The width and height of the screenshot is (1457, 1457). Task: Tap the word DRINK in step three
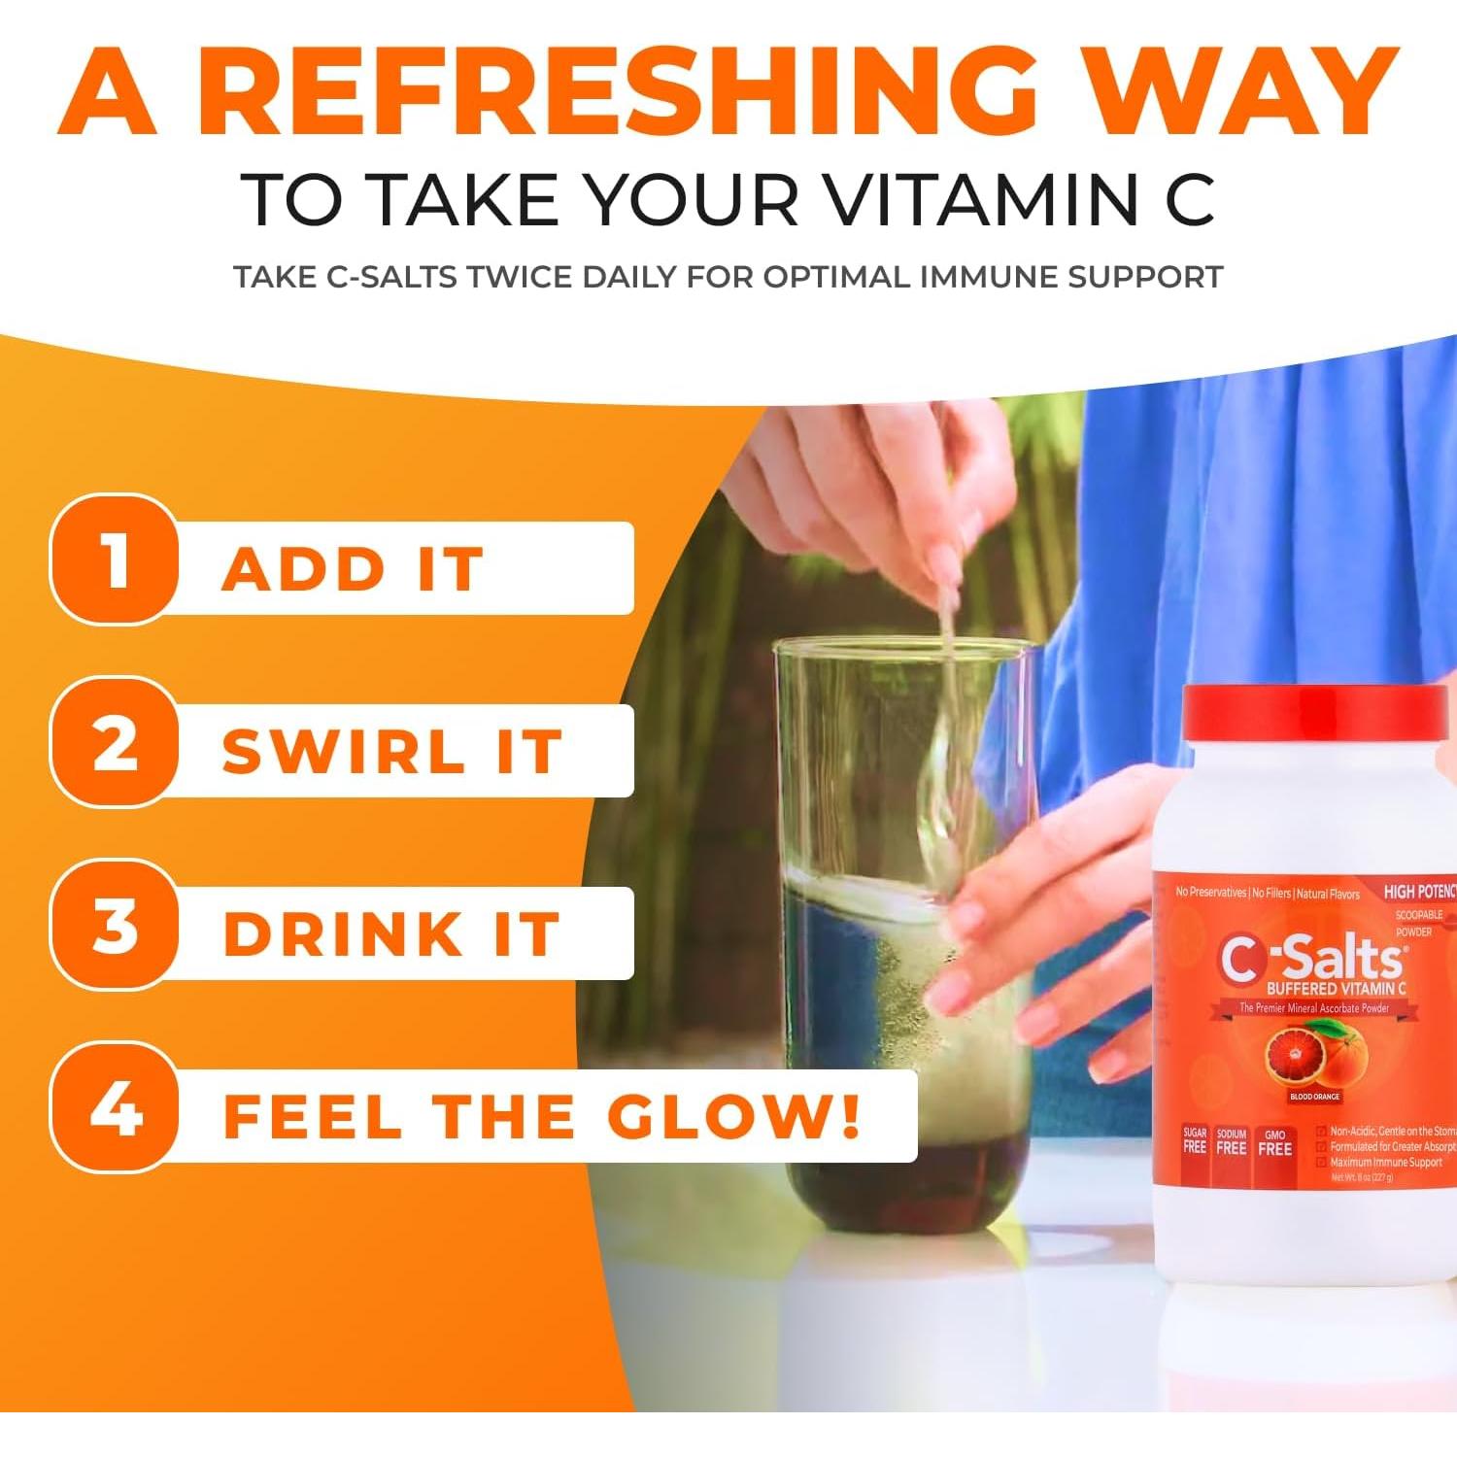(343, 934)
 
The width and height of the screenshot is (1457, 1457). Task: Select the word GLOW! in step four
(734, 1117)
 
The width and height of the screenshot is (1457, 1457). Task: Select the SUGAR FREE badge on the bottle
(1194, 1141)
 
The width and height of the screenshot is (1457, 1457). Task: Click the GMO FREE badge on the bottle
(1274, 1143)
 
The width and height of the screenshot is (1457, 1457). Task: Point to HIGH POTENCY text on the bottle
(1419, 892)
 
